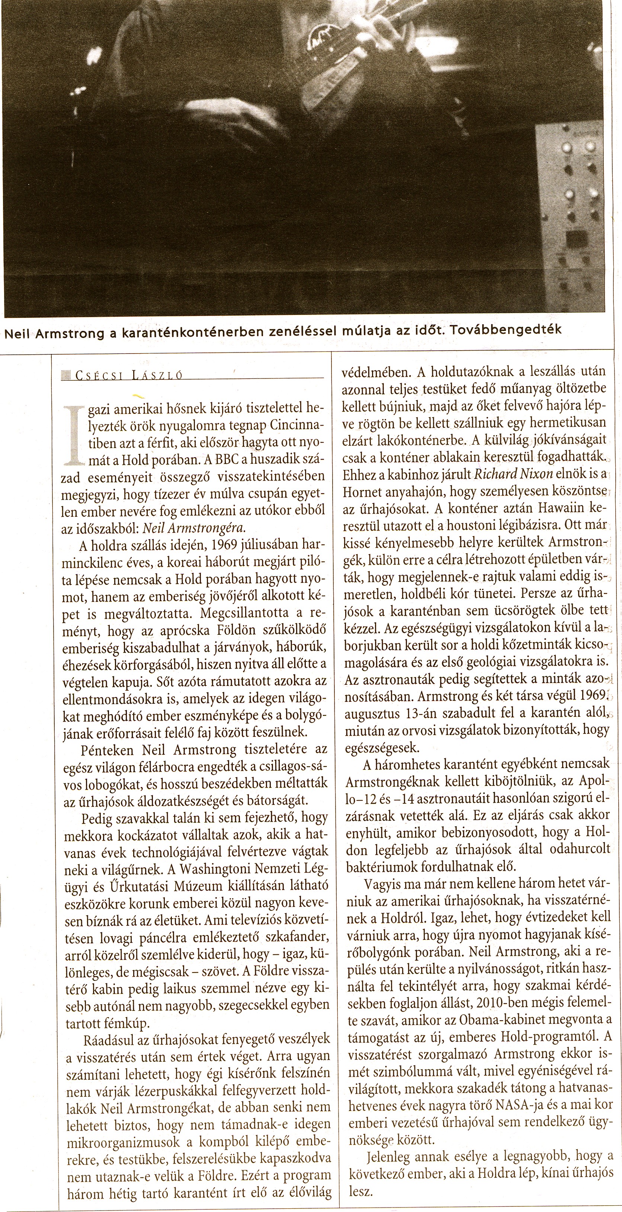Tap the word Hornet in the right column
pyautogui.click(x=363, y=491)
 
